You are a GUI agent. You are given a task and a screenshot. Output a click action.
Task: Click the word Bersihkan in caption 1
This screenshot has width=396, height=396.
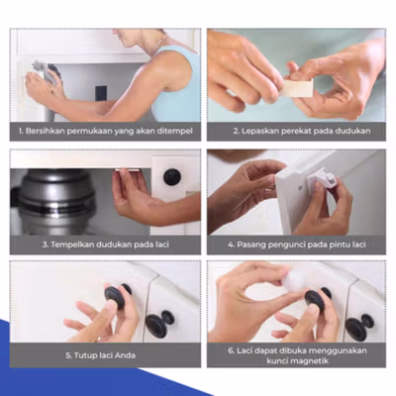(45, 131)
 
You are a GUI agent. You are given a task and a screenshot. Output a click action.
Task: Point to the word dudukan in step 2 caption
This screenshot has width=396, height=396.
(352, 131)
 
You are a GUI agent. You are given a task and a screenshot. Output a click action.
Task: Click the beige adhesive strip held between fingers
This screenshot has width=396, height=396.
(297, 88)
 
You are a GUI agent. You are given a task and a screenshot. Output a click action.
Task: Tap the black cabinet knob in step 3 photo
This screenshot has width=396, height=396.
(172, 177)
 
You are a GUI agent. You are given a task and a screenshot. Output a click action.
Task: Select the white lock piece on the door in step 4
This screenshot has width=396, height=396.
(321, 181)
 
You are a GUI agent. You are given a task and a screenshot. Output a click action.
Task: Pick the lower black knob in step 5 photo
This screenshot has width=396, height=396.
(159, 324)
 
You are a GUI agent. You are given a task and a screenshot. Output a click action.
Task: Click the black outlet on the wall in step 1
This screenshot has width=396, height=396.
(101, 93)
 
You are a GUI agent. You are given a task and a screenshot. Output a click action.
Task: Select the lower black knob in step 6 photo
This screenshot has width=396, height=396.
(359, 327)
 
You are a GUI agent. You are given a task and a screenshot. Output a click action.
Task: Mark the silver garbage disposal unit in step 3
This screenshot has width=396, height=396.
(52, 202)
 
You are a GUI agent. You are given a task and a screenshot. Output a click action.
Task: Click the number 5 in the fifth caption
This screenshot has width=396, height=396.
(68, 355)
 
